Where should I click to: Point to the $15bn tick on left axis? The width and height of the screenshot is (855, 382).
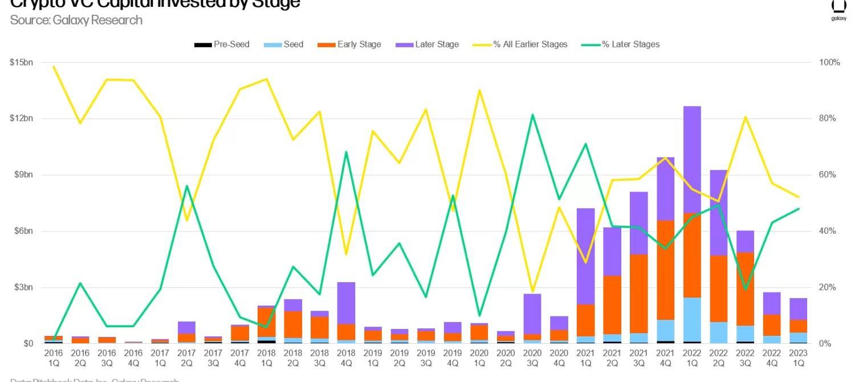pyautogui.click(x=21, y=62)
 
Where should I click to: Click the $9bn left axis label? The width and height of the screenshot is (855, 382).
pyautogui.click(x=23, y=174)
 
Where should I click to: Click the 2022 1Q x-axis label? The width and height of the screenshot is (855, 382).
pyautogui.click(x=691, y=357)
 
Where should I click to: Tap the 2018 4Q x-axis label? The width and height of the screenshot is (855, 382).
pyautogui.click(x=346, y=357)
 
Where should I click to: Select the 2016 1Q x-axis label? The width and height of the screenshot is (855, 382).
pyautogui.click(x=54, y=357)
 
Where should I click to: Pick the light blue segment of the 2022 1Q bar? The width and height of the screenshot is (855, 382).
pyautogui.click(x=691, y=319)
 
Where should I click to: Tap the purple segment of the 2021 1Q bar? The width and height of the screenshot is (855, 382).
pyautogui.click(x=585, y=257)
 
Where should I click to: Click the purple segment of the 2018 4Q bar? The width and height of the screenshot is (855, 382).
pyautogui.click(x=346, y=303)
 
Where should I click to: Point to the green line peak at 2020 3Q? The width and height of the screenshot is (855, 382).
pyautogui.click(x=532, y=115)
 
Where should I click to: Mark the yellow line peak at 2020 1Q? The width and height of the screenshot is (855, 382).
pyautogui.click(x=479, y=90)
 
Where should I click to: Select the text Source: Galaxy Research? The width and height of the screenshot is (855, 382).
pyautogui.click(x=76, y=21)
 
